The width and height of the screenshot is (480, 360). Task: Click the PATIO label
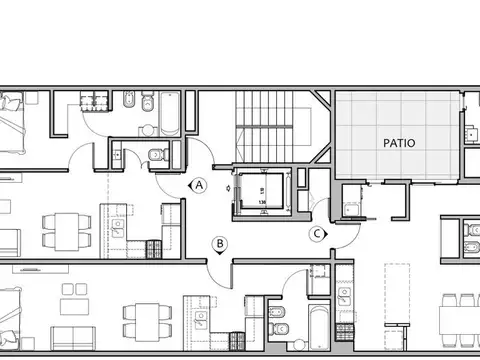tap(399, 143)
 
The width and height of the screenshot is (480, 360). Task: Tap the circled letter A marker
tap(200, 185)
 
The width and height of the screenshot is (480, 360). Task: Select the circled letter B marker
tap(218, 242)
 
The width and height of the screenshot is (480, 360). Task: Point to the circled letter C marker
tap(318, 233)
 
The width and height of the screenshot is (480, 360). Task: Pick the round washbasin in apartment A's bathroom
tap(129, 103)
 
